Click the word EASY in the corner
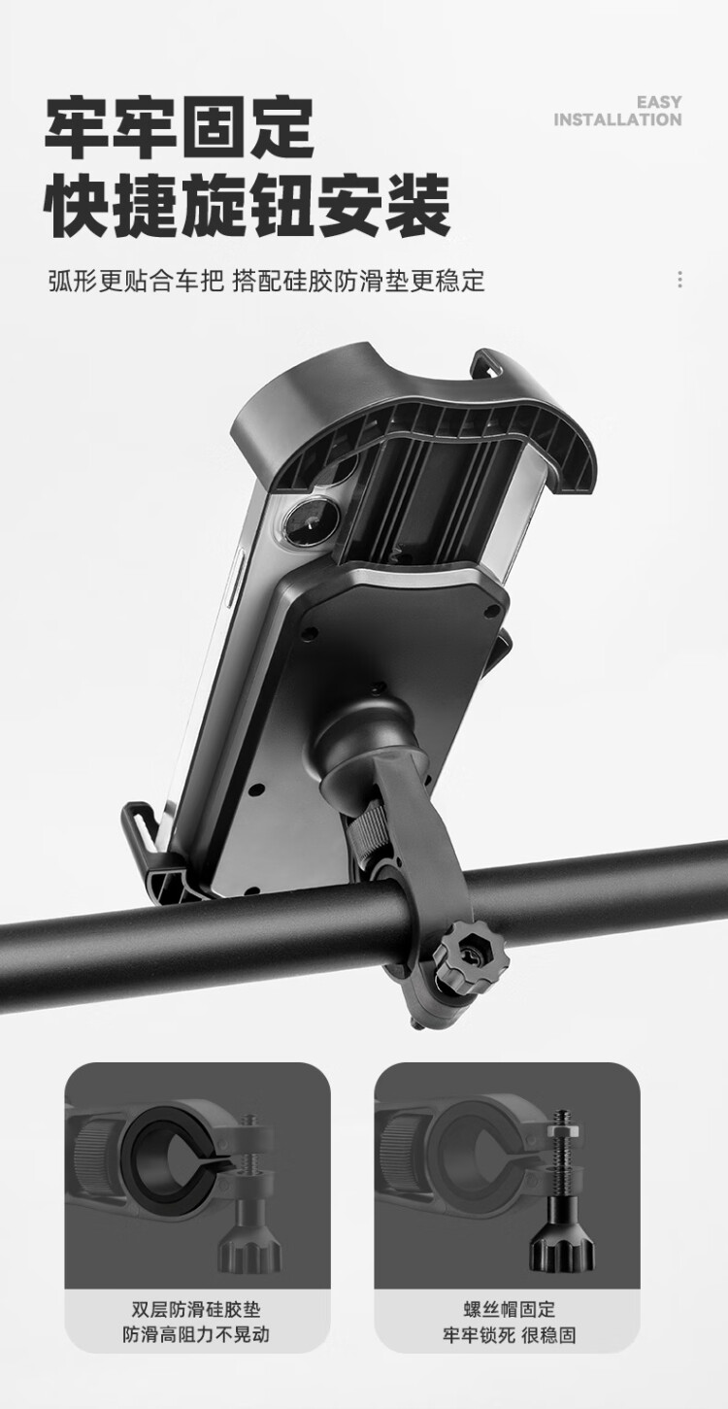(659, 102)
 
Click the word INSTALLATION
(617, 119)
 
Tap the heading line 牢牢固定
(180, 127)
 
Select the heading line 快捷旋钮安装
(248, 206)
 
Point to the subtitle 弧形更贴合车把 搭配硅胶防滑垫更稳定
(267, 281)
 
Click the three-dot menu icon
(678, 280)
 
